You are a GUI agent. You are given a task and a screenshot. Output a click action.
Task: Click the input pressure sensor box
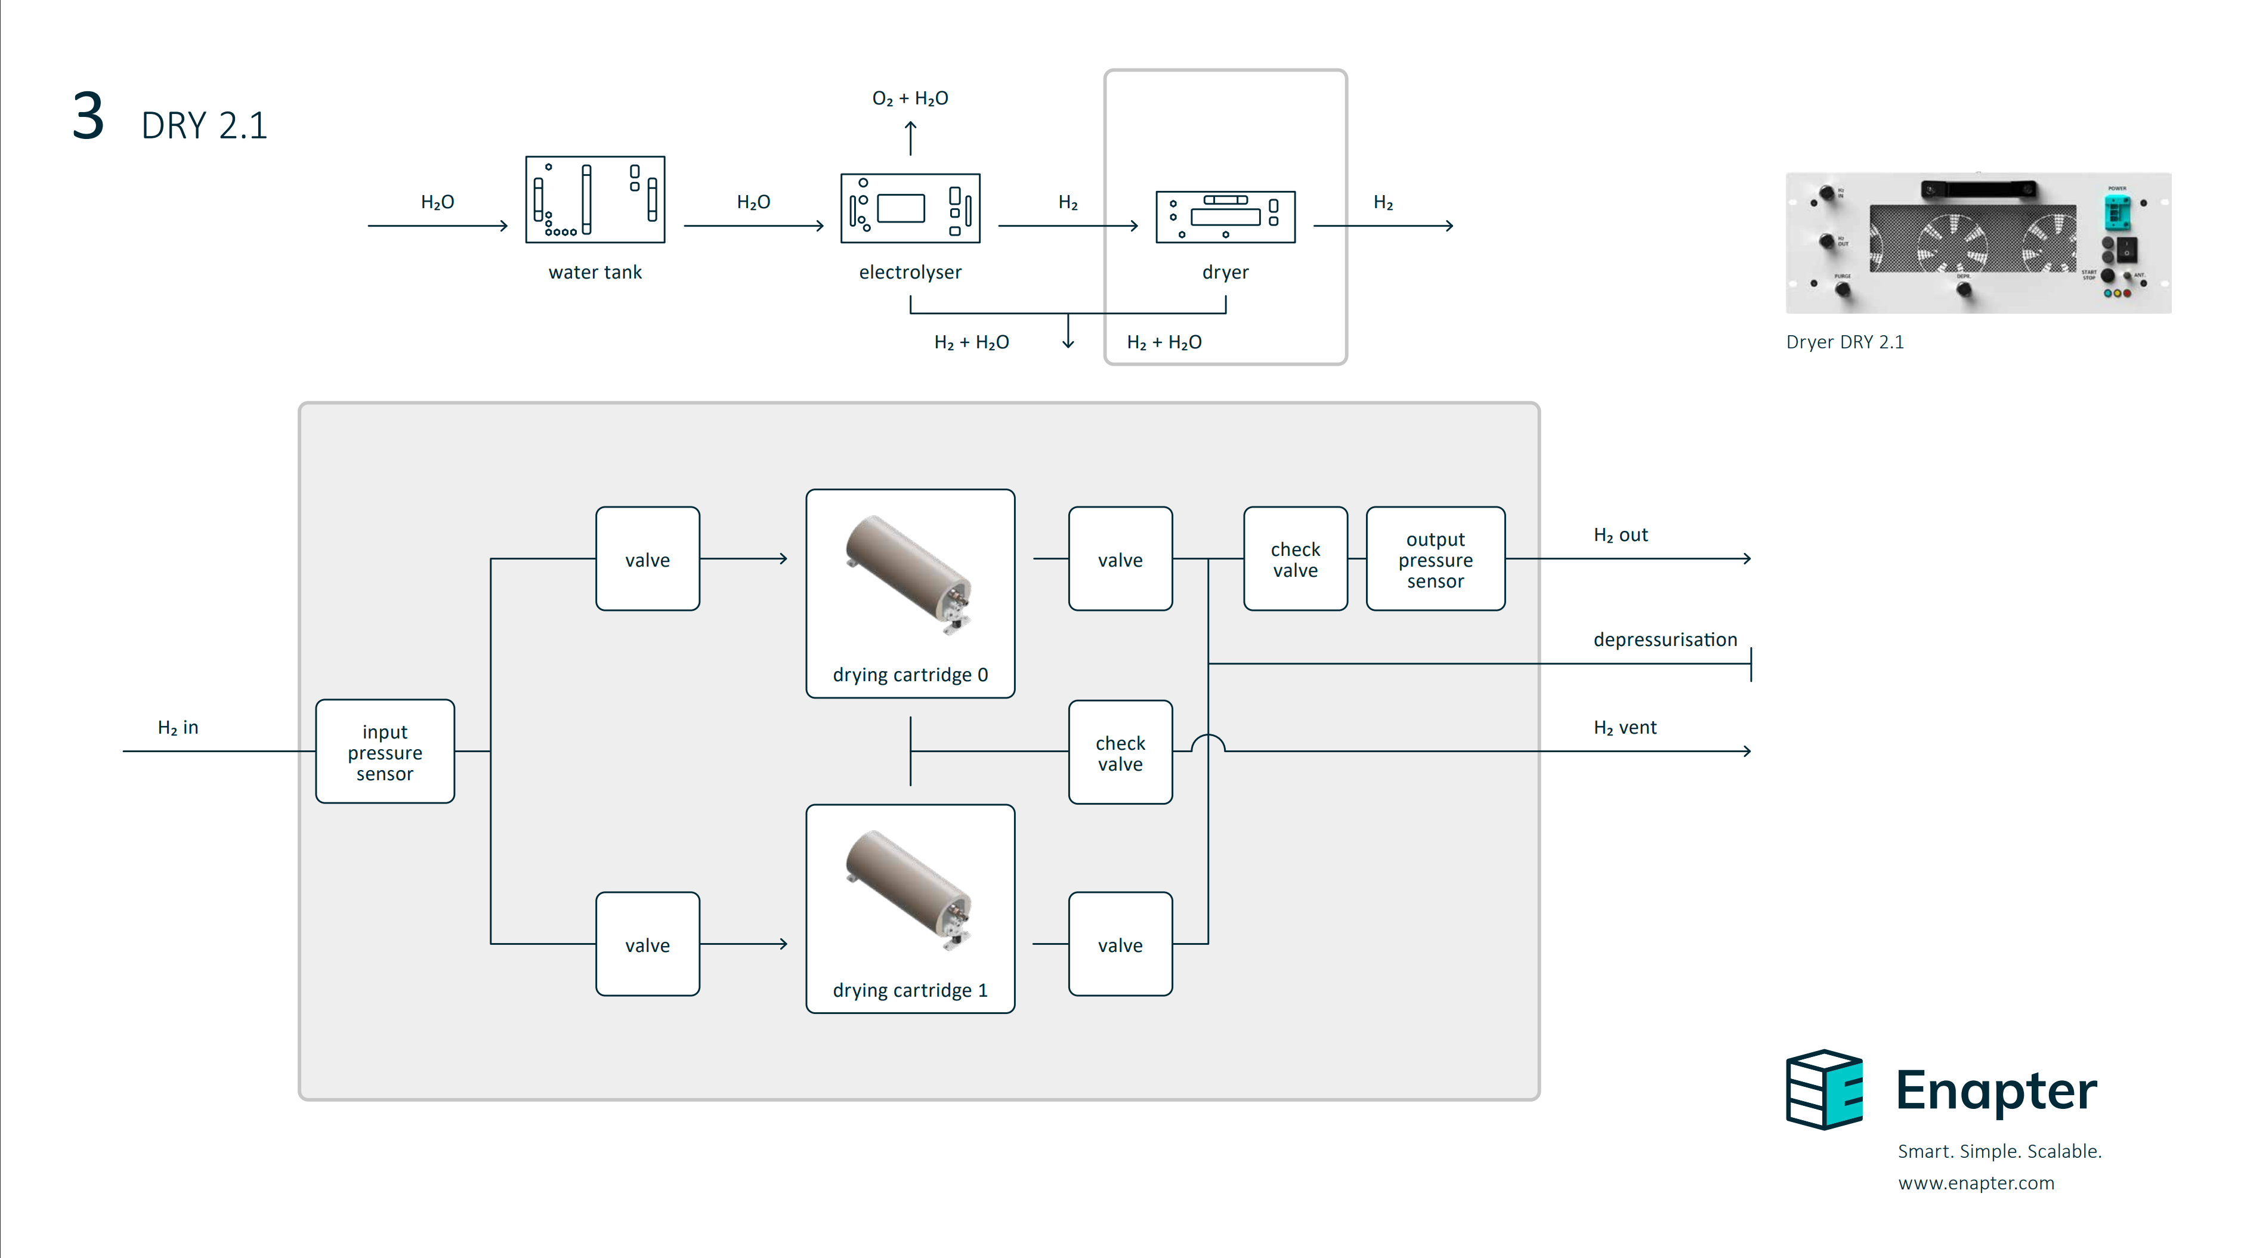(x=385, y=752)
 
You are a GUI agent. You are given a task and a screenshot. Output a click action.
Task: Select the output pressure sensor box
(x=1435, y=560)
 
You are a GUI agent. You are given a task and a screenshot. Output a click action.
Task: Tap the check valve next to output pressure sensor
(x=1296, y=560)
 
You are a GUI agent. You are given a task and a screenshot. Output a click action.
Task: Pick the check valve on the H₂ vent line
(x=1120, y=753)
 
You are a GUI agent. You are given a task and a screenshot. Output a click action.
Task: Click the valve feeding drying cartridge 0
(x=647, y=560)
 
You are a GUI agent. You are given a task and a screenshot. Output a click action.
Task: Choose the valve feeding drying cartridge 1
(x=647, y=945)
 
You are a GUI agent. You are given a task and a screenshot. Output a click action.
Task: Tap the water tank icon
(x=595, y=200)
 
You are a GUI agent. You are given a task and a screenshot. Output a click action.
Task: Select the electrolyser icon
(x=910, y=209)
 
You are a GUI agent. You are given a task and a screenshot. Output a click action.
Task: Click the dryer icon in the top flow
(x=1225, y=217)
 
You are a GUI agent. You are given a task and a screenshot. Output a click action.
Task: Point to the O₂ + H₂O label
(x=910, y=99)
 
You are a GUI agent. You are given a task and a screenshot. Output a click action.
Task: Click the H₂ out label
(x=1620, y=535)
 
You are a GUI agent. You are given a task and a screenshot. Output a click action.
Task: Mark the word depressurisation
(x=1664, y=639)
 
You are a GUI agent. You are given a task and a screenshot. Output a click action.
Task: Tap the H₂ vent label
(x=1624, y=727)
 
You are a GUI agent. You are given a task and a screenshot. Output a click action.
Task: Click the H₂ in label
(x=178, y=727)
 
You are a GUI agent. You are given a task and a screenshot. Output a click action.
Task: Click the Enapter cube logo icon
(x=1824, y=1089)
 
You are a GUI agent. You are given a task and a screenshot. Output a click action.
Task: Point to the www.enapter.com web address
(x=1976, y=1183)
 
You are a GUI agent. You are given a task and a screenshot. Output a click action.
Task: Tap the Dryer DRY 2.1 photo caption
(x=1844, y=342)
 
